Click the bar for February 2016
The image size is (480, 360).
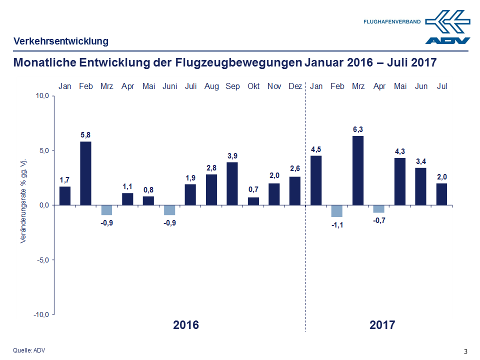click(86, 173)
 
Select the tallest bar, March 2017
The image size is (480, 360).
click(358, 170)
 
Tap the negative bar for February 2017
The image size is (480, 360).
click(337, 210)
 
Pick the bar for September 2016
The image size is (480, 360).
click(232, 183)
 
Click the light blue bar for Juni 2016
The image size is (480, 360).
click(169, 209)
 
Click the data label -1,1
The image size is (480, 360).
click(337, 225)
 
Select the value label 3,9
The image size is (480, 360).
click(232, 155)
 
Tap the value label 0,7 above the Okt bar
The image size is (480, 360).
click(253, 190)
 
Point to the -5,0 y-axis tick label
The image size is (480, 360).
click(41, 260)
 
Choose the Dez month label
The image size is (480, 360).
click(295, 86)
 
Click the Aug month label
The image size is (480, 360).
click(211, 86)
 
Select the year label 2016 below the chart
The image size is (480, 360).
click(186, 325)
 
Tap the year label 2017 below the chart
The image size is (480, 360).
click(382, 325)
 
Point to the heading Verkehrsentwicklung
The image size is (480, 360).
click(60, 41)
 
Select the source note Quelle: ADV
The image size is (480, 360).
click(29, 350)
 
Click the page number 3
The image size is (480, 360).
click(465, 351)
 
